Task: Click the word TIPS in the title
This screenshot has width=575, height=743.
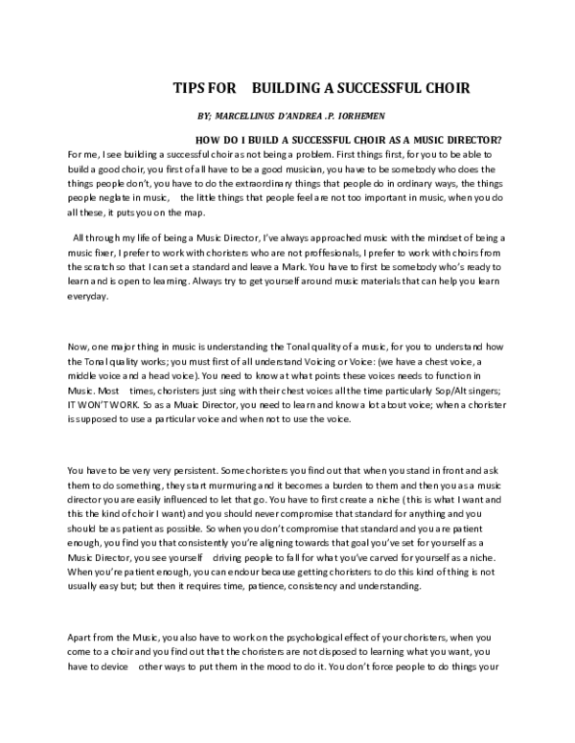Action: (x=189, y=88)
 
